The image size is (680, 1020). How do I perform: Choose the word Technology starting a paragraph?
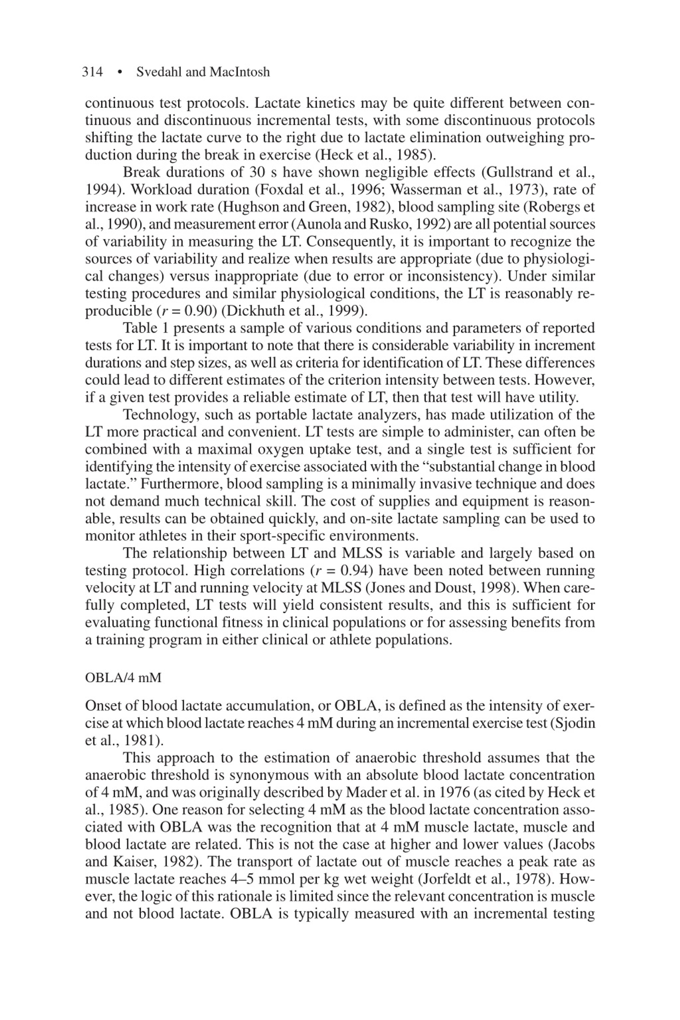pos(160,415)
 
